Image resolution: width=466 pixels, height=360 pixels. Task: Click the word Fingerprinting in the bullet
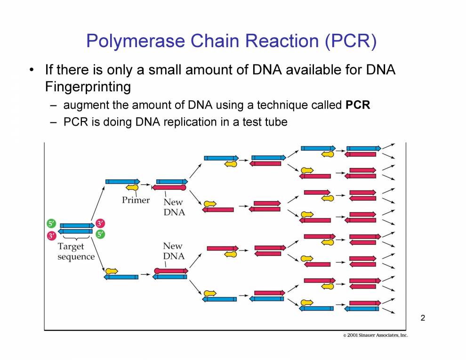pos(88,87)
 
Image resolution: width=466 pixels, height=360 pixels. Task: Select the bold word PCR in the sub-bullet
pos(358,105)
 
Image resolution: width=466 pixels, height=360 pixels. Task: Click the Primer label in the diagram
pos(136,200)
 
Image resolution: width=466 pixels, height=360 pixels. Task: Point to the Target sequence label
pos(76,252)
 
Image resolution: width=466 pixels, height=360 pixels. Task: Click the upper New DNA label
pos(174,207)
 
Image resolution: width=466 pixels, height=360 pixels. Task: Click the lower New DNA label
pos(174,251)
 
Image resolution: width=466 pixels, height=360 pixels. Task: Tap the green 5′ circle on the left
pos(51,224)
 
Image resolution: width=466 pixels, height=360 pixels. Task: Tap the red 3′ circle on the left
pos(51,235)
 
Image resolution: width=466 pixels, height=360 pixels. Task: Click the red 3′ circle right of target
pos(100,224)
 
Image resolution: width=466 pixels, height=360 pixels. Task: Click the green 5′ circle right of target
pos(100,234)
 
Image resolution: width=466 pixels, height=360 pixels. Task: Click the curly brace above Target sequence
pos(76,239)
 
